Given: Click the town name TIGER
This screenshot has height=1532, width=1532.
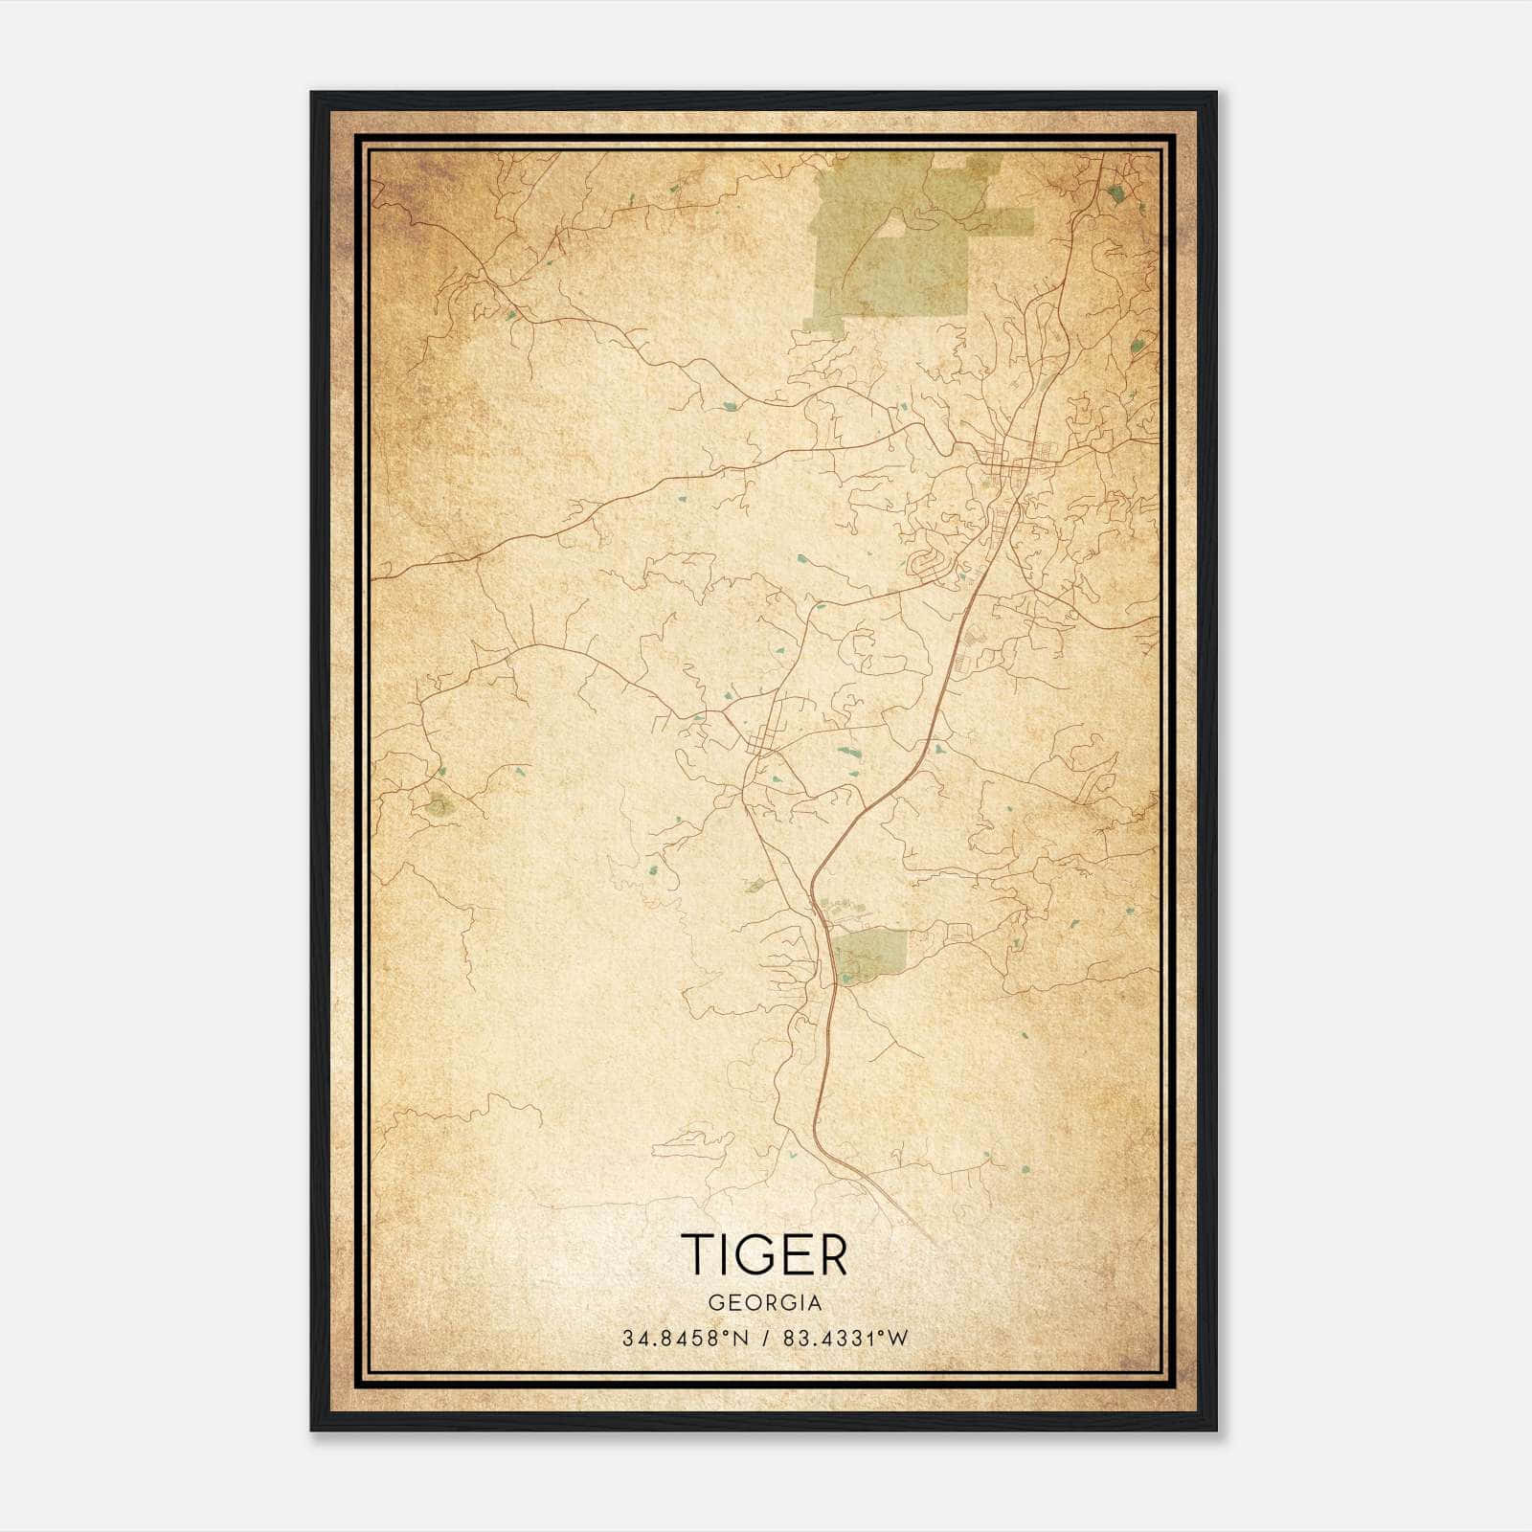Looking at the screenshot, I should point(764,1254).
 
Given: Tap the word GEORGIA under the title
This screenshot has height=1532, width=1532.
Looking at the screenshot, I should point(764,1303).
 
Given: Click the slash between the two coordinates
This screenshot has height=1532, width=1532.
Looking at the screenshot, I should point(762,1339).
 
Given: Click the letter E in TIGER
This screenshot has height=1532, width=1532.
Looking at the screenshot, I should point(799,1254).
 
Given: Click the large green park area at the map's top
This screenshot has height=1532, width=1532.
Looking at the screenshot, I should point(890,244).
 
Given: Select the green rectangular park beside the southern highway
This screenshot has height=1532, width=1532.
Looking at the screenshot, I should point(869,955).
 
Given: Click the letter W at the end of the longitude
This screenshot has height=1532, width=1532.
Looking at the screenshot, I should point(897,1339).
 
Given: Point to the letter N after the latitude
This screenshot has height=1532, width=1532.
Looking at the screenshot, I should point(739,1339).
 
